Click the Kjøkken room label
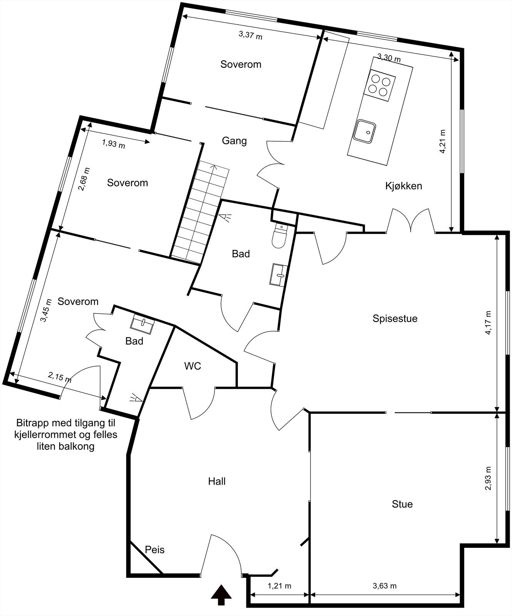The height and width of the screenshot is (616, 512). pos(403,186)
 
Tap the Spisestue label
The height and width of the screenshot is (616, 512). pos(395,318)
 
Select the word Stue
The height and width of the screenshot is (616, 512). pos(402,504)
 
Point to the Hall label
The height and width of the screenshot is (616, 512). pos(217,481)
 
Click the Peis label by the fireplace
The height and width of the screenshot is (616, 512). pos(155,550)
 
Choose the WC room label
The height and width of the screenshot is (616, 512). pos(192,366)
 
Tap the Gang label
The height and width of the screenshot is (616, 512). pos(234,141)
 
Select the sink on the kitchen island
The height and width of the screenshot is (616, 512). pos(365,131)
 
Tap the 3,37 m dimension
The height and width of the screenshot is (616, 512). pos(250,35)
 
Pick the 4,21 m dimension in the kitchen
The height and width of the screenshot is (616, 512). pos(443,141)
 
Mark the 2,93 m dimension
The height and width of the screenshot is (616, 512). pos(489,478)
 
